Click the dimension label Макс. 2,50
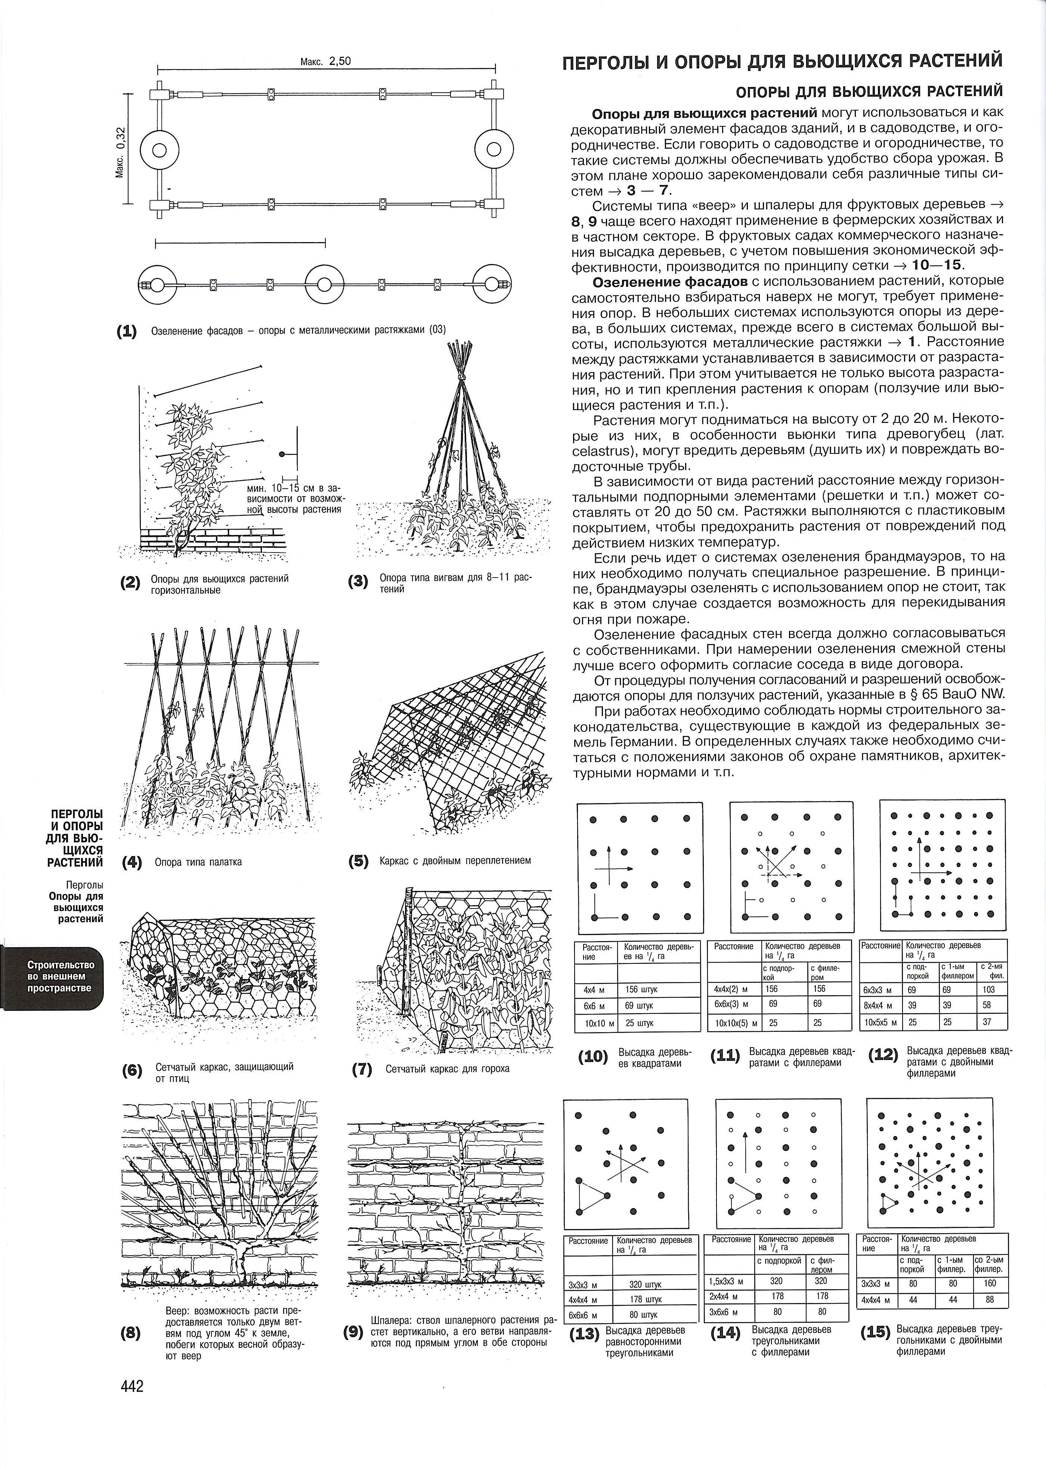coord(326,62)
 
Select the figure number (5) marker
coord(358,861)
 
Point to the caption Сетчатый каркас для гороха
coord(448,1068)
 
